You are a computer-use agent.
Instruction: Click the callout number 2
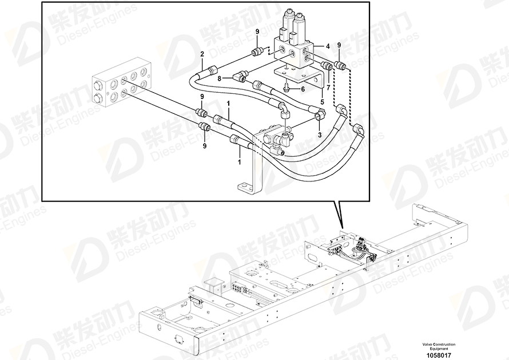[x=202, y=54]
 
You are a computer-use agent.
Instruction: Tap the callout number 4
[x=328, y=46]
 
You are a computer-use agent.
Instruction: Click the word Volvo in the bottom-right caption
[x=430, y=344]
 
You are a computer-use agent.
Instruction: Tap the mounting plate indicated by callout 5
[x=295, y=73]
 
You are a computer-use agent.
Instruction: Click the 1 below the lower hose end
[x=239, y=162]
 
